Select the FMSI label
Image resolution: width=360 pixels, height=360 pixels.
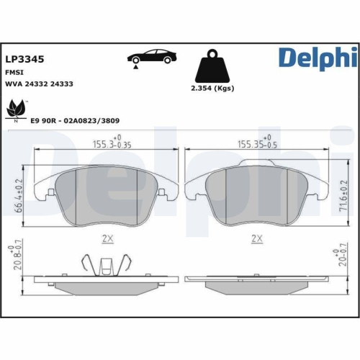(x=14, y=72)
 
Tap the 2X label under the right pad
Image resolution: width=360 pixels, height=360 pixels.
(x=256, y=237)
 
